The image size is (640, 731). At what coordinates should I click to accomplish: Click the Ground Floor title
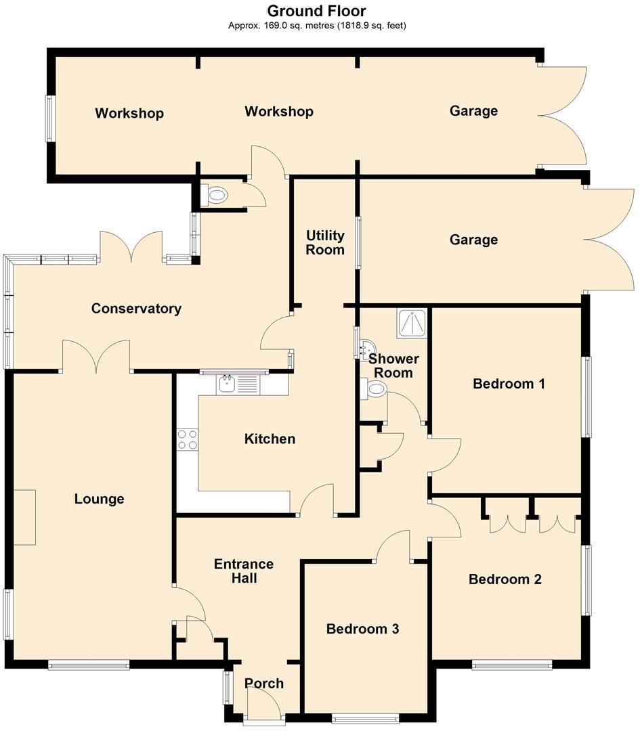click(x=316, y=11)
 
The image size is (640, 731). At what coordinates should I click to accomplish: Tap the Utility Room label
click(x=325, y=242)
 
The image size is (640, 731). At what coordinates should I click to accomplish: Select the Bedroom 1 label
click(x=509, y=384)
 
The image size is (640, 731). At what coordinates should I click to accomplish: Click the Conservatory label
click(x=136, y=309)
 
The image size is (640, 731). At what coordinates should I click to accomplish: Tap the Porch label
click(x=264, y=683)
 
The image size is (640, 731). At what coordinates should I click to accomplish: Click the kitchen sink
click(x=227, y=384)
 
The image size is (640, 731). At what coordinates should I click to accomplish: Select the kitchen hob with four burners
click(x=187, y=440)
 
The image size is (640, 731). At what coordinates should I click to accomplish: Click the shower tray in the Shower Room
click(x=412, y=323)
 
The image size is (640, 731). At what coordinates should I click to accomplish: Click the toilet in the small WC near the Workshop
click(x=215, y=196)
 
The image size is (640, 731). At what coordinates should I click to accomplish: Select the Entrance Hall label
click(x=243, y=571)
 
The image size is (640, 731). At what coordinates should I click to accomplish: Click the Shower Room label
click(x=393, y=365)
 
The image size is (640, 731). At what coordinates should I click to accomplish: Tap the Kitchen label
click(x=270, y=439)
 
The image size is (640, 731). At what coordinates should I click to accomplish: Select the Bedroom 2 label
click(x=505, y=579)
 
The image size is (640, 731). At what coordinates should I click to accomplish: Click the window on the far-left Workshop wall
click(x=50, y=118)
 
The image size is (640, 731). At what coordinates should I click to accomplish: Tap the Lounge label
click(x=99, y=499)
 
